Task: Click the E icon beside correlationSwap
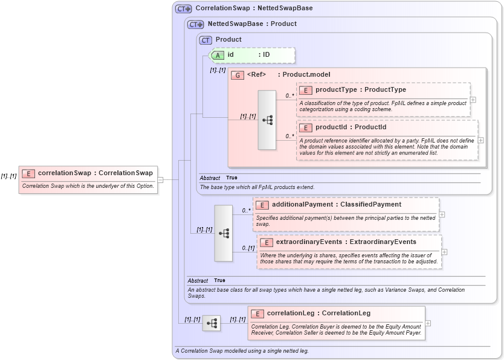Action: pos(28,173)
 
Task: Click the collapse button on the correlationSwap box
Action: pos(160,179)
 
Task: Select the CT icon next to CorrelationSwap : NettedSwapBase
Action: pos(183,9)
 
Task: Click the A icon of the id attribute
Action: pos(218,55)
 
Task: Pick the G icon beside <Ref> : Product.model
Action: pos(237,75)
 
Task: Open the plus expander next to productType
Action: pos(473,100)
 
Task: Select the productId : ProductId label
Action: pos(351,127)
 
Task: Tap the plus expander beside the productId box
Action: pos(480,140)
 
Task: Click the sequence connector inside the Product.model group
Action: pos(267,120)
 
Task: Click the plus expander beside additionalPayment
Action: pos(442,214)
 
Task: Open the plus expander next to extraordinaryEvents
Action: pos(445,252)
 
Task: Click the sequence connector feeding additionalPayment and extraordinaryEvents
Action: pos(224,233)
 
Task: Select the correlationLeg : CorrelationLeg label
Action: pos(318,313)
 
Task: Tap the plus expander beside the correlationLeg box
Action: pos(428,323)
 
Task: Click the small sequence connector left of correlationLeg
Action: pos(212,323)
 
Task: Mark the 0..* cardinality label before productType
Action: pos(289,95)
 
